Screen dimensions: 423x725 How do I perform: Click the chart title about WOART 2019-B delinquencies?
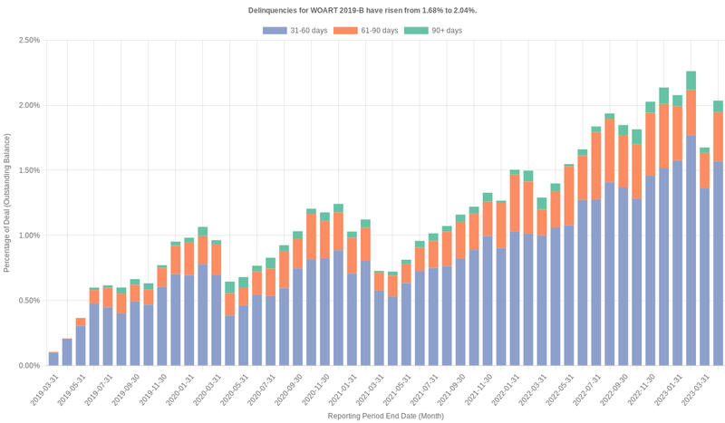point(362,10)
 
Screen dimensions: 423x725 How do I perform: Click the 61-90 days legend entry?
point(365,31)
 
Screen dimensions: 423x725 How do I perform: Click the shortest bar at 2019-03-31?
point(53,360)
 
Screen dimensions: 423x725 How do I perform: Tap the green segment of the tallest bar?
point(691,81)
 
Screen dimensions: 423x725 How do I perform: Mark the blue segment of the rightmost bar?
point(718,263)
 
